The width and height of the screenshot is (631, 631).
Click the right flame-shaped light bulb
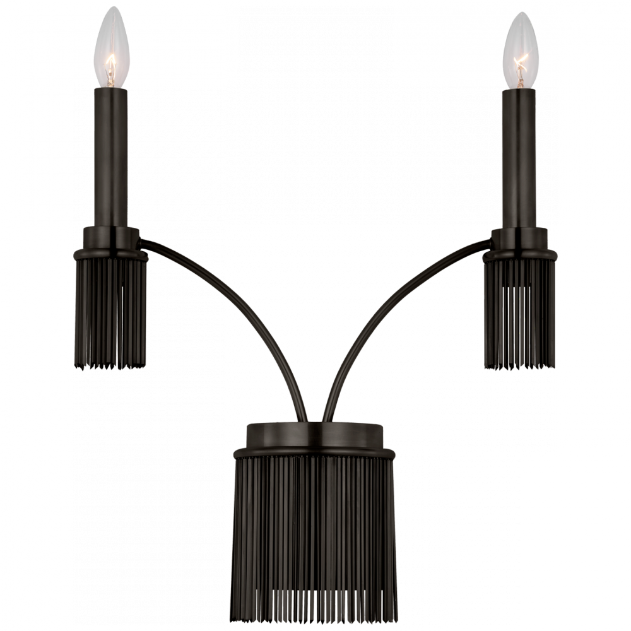point(521,54)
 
